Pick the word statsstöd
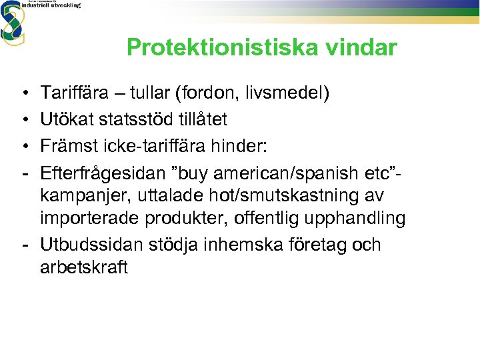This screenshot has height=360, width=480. pyautogui.click(x=135, y=119)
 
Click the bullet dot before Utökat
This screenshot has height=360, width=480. pyautogui.click(x=23, y=119)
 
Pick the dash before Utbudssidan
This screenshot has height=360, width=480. pyautogui.click(x=23, y=244)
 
